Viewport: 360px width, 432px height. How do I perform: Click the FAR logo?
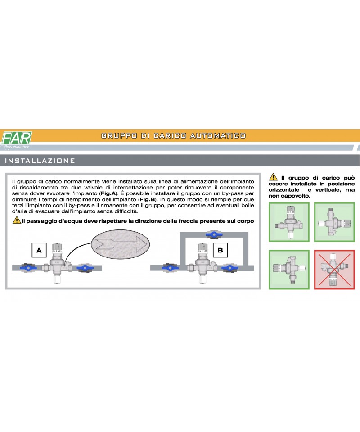(17, 138)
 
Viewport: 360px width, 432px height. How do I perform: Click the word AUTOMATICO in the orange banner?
(218, 136)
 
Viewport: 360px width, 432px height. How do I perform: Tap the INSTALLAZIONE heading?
(40, 161)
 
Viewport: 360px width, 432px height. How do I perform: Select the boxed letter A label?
(39, 250)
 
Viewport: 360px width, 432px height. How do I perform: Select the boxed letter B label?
(220, 250)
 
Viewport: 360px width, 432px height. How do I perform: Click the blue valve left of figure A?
(28, 267)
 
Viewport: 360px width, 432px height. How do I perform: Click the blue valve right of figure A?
(85, 267)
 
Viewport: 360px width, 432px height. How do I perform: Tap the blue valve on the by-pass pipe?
(214, 234)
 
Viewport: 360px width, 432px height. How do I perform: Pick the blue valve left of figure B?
(170, 267)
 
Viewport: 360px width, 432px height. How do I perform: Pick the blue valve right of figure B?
(229, 267)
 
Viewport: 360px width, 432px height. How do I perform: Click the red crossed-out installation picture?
(334, 270)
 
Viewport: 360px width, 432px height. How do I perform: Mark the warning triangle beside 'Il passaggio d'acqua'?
(17, 220)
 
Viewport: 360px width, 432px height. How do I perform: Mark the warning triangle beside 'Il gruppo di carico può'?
(273, 177)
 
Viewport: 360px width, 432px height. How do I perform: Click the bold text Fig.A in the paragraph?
(108, 193)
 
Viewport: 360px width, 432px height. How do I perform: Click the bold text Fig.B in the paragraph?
(147, 199)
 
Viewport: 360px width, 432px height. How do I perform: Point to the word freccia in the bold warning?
(188, 221)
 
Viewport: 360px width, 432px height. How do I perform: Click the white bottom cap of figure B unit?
(202, 279)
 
